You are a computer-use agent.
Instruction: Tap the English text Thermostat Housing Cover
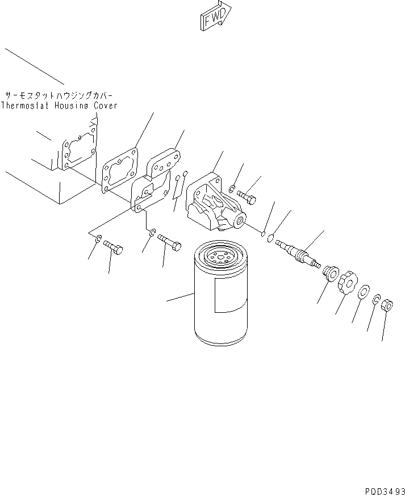[59, 106]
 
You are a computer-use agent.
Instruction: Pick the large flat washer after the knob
[362, 292]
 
